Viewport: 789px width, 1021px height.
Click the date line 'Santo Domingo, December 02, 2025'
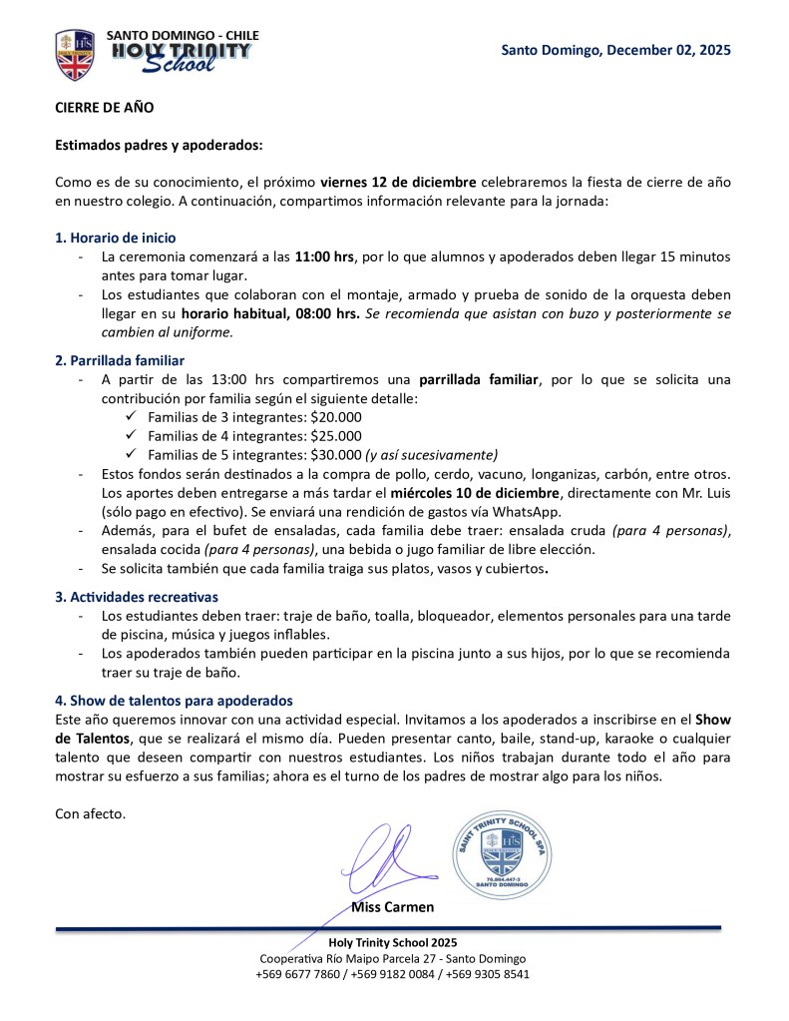(615, 50)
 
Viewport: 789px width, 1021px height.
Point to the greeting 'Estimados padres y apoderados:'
(159, 145)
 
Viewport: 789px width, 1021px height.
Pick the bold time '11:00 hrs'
(324, 256)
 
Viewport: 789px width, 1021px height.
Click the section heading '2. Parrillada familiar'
(120, 360)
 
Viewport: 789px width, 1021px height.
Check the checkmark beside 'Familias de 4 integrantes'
(132, 436)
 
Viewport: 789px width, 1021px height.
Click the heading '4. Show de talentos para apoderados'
(174, 701)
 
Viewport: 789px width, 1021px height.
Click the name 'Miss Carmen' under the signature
(392, 907)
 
